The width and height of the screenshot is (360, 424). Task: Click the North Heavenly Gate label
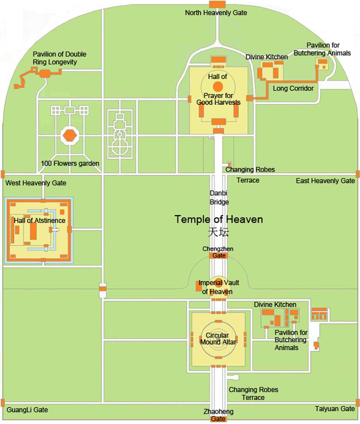(216, 13)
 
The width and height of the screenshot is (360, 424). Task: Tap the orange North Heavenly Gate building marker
(217, 4)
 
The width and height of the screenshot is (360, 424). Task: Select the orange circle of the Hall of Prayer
(218, 87)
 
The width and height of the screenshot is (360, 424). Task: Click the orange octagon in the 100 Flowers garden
(70, 136)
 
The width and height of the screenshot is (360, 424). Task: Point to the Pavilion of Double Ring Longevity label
(59, 58)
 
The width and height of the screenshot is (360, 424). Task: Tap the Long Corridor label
(293, 89)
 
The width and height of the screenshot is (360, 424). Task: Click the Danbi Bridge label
(219, 197)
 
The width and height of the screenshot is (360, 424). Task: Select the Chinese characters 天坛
(219, 232)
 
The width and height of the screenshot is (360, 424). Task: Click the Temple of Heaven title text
(219, 219)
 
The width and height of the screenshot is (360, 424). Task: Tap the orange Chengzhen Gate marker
(218, 256)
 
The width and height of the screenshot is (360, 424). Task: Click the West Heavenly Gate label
(36, 183)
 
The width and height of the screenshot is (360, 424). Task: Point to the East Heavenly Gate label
(325, 181)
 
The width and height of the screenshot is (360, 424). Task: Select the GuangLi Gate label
(27, 410)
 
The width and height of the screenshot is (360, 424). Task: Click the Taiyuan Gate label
(335, 409)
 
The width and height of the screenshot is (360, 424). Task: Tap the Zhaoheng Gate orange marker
(218, 419)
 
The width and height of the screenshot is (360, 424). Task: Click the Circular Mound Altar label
(218, 339)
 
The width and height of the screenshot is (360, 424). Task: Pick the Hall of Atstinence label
(40, 221)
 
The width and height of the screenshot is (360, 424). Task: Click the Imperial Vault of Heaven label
(218, 287)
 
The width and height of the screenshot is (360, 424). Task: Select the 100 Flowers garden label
(70, 164)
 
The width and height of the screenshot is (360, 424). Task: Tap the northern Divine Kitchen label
(266, 57)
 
